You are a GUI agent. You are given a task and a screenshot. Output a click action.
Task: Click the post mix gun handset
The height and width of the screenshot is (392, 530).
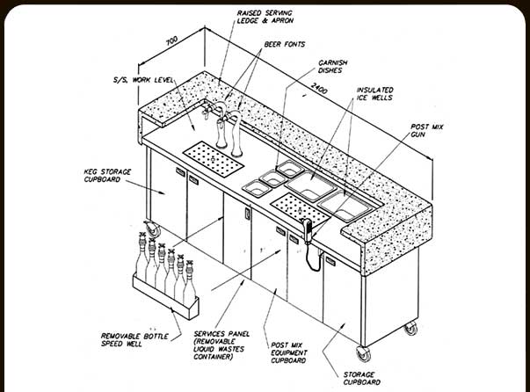tap(309, 228)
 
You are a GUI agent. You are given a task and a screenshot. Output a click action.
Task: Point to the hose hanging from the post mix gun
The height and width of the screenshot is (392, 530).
tap(309, 256)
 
